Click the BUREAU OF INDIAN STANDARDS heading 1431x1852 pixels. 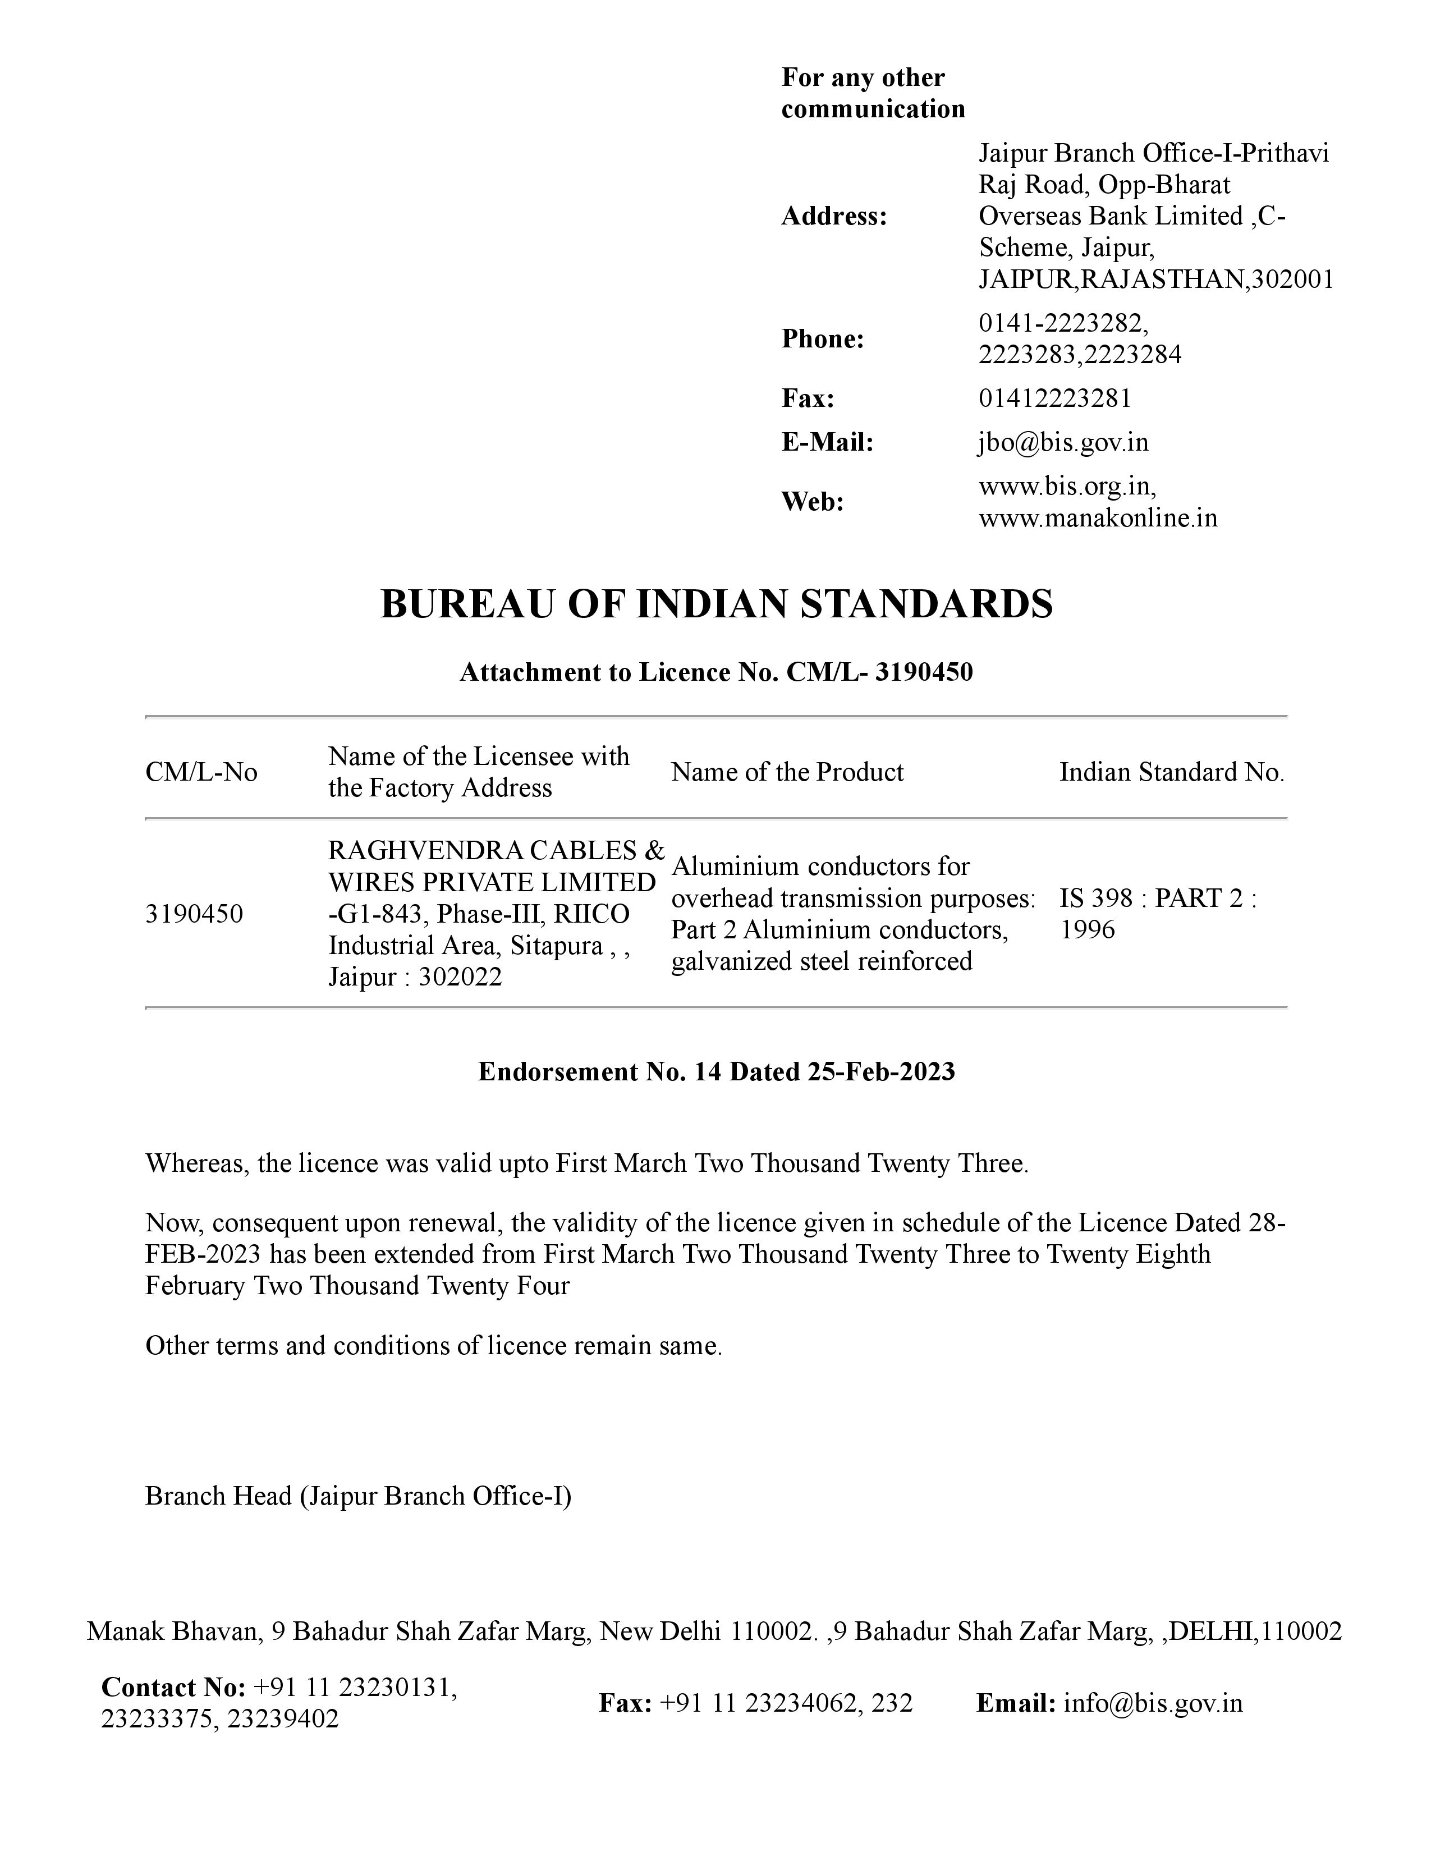(717, 604)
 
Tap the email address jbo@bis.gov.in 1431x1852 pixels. (1063, 442)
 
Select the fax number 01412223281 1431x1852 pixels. (1054, 398)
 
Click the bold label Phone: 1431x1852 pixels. (822, 338)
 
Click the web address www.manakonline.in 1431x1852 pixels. (1098, 517)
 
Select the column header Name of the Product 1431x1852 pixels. (787, 772)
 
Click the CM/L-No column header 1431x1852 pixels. (201, 772)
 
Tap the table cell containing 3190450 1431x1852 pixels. (194, 913)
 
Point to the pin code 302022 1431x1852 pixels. (460, 977)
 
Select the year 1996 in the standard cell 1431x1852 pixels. (1088, 929)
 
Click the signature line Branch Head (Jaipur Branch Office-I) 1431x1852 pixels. (358, 1495)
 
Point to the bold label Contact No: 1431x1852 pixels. (173, 1688)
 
